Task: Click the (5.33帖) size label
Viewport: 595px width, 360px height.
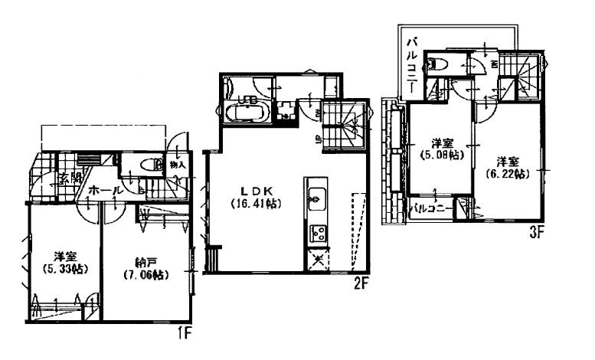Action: (60, 268)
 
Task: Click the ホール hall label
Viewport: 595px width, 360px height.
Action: (104, 188)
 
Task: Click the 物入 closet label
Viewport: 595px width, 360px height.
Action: (178, 165)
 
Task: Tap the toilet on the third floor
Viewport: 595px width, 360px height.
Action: (438, 65)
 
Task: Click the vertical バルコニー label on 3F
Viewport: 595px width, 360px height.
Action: (412, 61)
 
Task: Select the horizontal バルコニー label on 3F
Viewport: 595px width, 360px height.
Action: (430, 208)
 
